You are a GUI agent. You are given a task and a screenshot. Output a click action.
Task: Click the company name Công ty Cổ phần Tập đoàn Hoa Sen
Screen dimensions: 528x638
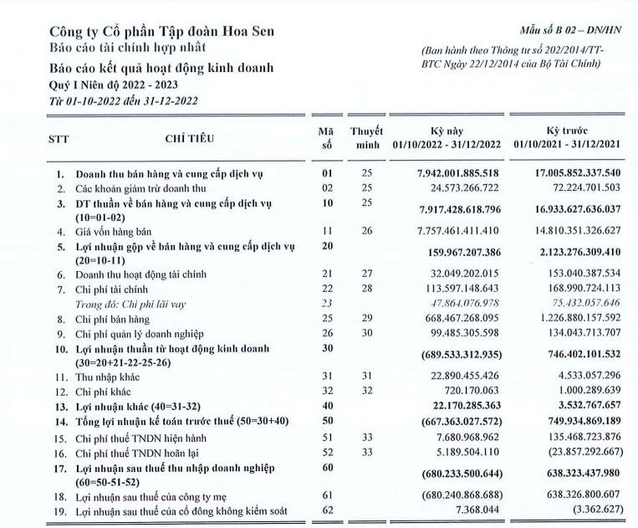(161, 33)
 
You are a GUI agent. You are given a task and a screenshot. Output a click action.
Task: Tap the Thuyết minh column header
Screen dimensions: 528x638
(366, 138)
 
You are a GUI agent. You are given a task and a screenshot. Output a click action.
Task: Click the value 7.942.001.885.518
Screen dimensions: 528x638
(452, 173)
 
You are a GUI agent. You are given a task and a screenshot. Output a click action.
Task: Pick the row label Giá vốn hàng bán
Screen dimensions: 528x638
(116, 230)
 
